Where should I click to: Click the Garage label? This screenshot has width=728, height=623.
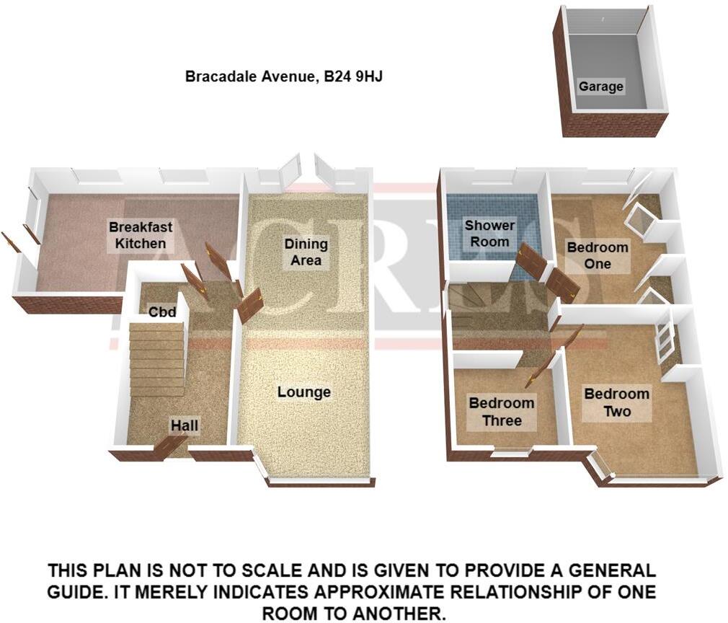(x=600, y=87)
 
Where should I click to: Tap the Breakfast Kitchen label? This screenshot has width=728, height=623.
(x=141, y=235)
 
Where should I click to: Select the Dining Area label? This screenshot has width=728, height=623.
(x=306, y=252)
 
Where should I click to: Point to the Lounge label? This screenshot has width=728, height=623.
(x=304, y=392)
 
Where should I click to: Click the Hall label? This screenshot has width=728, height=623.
(x=184, y=426)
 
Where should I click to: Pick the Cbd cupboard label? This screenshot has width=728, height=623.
(x=162, y=312)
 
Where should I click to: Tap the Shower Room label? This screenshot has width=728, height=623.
(x=489, y=234)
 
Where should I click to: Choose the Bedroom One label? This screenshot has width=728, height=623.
(x=598, y=255)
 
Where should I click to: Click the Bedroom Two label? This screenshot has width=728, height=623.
(x=616, y=402)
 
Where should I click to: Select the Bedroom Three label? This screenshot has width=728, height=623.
(x=501, y=412)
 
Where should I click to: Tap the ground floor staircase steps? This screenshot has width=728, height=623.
(x=156, y=361)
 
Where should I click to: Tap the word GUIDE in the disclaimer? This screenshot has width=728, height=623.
(x=80, y=593)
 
